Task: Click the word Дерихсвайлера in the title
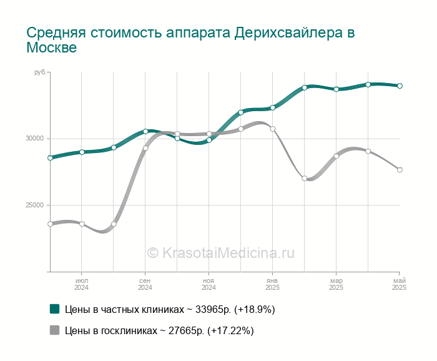click(x=288, y=32)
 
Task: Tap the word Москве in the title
click(x=52, y=47)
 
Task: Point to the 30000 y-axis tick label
click(x=35, y=139)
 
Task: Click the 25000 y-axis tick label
click(x=35, y=205)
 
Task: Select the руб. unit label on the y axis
click(x=40, y=72)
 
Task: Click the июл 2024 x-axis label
click(x=81, y=284)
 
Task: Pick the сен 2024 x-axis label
click(x=145, y=284)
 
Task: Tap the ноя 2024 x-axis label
click(x=209, y=284)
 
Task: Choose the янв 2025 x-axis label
click(x=272, y=284)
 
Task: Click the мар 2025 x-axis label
click(x=336, y=284)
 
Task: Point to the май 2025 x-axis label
click(x=399, y=284)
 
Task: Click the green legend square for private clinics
click(x=55, y=309)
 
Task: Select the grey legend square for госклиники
click(x=55, y=330)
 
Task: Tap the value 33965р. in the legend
click(x=213, y=309)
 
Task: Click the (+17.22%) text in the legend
click(x=230, y=331)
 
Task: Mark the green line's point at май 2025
click(x=400, y=86)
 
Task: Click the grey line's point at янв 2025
click(x=273, y=129)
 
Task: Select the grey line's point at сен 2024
click(x=145, y=148)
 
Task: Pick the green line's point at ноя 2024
click(x=209, y=141)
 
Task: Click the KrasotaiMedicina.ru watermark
click(x=220, y=253)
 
